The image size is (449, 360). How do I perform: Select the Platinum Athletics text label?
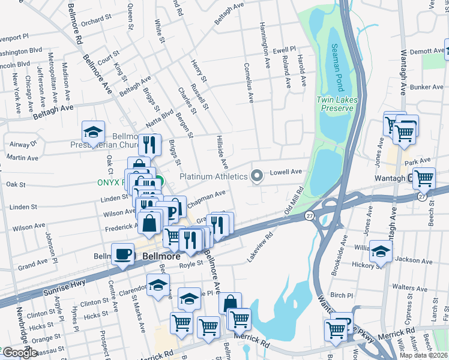click(214, 176)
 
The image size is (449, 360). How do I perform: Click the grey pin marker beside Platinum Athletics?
click(257, 176)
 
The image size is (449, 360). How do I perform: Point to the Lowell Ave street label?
click(287, 172)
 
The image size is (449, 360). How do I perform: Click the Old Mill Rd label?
click(294, 202)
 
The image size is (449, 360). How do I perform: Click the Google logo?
click(19, 353)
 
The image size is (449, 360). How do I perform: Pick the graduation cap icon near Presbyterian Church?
click(94, 133)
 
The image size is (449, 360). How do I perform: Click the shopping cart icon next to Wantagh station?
click(424, 178)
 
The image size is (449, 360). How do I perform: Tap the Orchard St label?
click(93, 22)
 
